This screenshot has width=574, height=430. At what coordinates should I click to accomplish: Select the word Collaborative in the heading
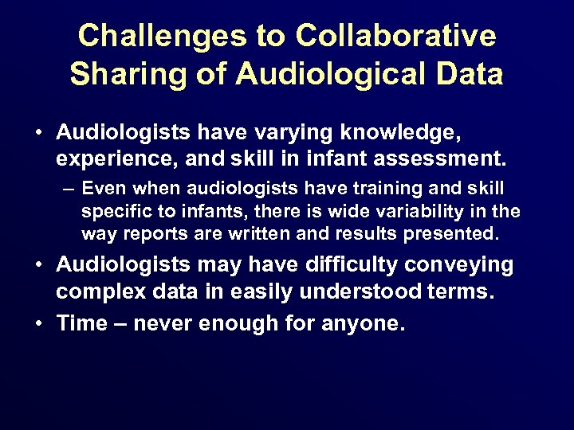(396, 36)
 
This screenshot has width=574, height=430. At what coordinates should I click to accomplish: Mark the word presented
(456, 235)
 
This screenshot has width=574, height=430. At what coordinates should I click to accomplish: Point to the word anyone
(362, 324)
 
